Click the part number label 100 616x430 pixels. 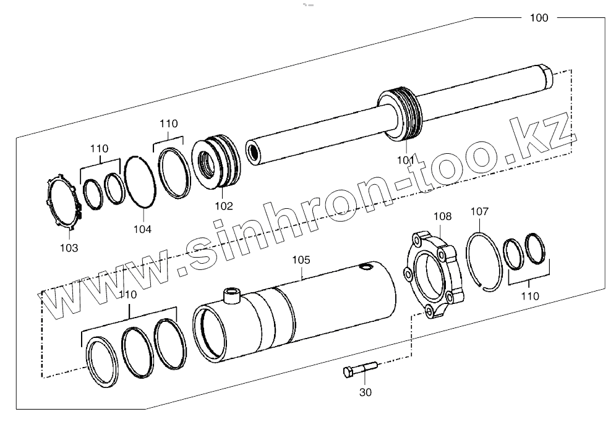(x=539, y=18)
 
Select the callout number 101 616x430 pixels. (x=406, y=161)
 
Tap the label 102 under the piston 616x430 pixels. (x=223, y=206)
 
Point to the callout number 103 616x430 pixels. (x=69, y=248)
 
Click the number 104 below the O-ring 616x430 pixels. (x=142, y=229)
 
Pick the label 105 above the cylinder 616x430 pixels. (x=301, y=260)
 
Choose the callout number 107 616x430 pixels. (x=479, y=212)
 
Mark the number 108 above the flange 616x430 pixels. (x=442, y=216)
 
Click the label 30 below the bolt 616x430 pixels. (x=366, y=392)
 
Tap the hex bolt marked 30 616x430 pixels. (x=360, y=369)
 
